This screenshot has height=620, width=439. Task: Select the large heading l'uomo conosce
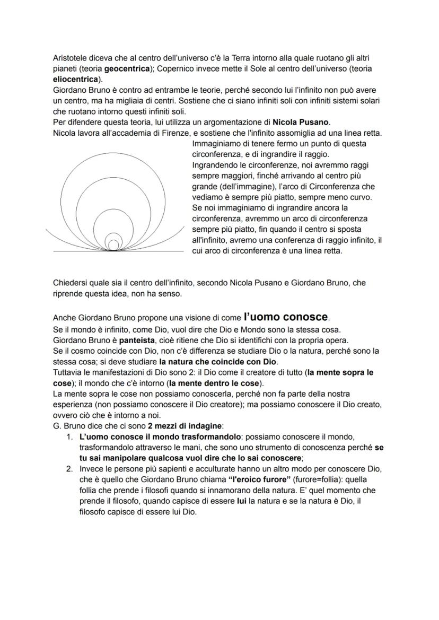286,317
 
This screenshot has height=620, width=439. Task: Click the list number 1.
69,437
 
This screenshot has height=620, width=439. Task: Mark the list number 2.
69,469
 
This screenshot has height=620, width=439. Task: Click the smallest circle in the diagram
113,245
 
